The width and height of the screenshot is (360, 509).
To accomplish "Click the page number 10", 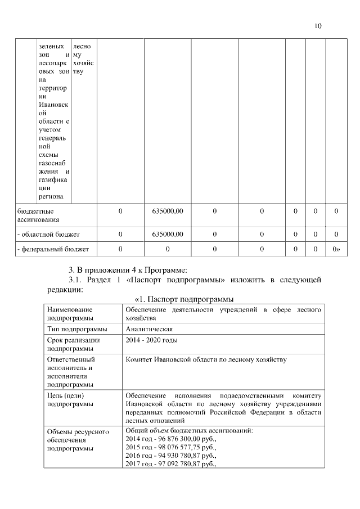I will point(318,26).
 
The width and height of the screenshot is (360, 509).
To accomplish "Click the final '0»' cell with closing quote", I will point(336,248).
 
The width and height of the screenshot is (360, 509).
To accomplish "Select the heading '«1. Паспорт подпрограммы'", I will point(184,298).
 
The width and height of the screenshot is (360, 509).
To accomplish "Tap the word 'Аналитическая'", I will point(149,329).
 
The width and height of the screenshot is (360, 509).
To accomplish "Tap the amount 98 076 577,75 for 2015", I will point(183,447).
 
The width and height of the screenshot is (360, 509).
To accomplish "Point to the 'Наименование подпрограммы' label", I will point(70,313).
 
